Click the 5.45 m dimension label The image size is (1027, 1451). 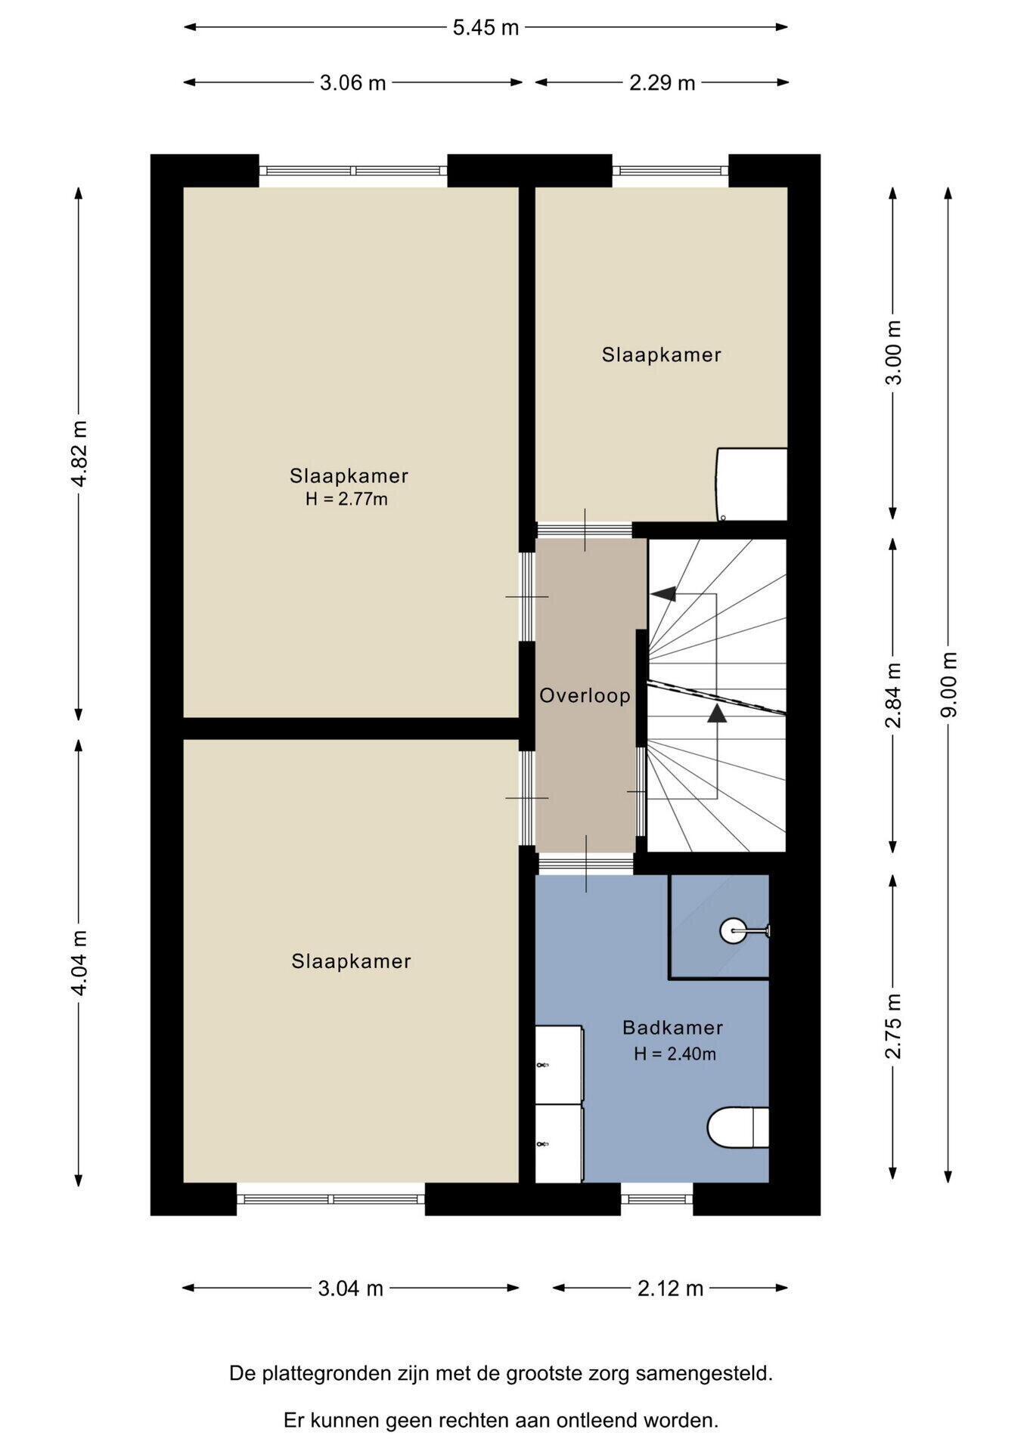coord(486,28)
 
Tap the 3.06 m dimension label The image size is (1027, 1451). coord(352,82)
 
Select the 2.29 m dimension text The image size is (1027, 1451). coord(662,82)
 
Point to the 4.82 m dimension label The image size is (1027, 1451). coord(79,455)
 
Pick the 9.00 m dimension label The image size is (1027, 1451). coord(949,685)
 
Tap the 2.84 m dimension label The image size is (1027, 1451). coord(894,695)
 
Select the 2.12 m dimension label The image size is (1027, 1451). coord(670,1288)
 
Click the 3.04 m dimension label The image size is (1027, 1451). coord(351,1288)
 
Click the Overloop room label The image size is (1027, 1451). coord(585,695)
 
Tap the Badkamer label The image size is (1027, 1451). coord(672,1028)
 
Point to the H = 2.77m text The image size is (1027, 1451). coord(346,500)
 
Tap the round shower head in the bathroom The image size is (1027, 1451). coord(732,930)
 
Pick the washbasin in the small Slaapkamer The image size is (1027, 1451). coord(752,484)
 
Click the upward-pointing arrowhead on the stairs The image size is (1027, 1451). coord(717,713)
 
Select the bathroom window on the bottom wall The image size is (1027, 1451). coord(656,1199)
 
